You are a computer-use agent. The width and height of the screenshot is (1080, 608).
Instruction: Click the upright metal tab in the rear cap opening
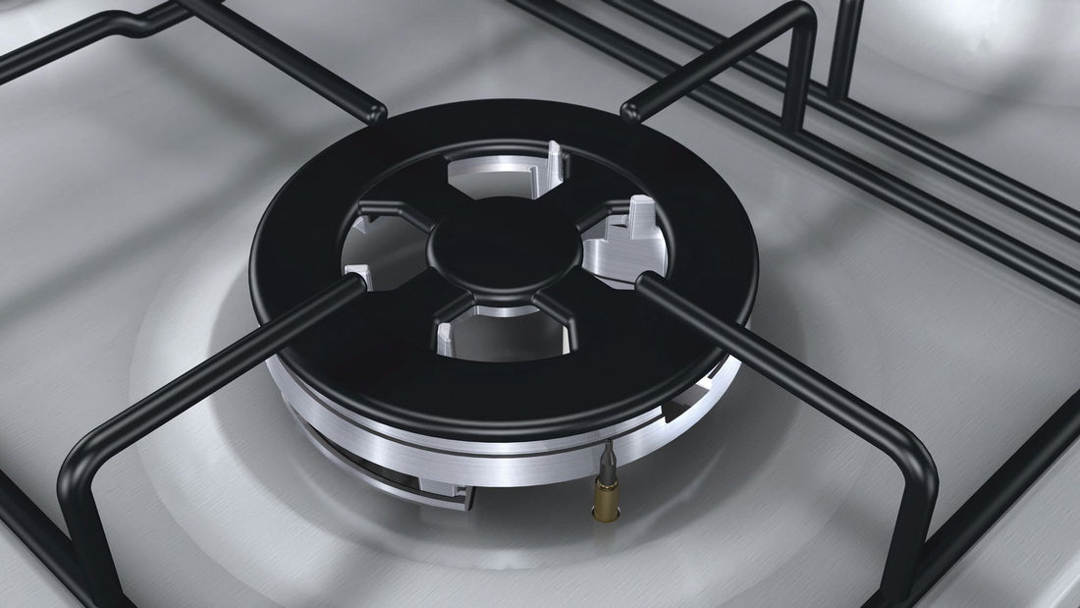click(555, 163)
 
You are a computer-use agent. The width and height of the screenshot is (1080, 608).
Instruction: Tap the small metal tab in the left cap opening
click(356, 274)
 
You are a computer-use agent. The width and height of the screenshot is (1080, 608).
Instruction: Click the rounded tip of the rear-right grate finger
click(633, 108)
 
